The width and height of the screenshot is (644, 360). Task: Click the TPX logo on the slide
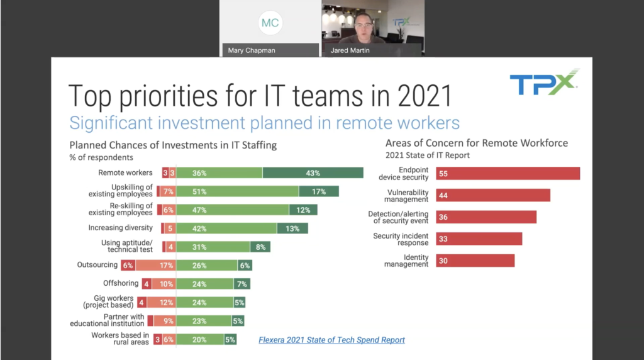click(x=544, y=82)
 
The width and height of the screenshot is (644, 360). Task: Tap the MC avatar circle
click(x=270, y=23)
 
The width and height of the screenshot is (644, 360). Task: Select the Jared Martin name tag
click(x=350, y=50)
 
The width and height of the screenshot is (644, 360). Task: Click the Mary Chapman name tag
click(x=252, y=50)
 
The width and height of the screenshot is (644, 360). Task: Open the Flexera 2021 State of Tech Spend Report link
click(x=331, y=340)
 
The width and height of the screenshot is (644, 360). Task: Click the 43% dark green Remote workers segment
click(x=313, y=173)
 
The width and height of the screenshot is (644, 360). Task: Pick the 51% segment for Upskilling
click(x=237, y=191)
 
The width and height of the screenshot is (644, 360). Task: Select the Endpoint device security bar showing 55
click(x=508, y=174)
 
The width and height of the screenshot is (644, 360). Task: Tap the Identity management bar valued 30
click(x=475, y=261)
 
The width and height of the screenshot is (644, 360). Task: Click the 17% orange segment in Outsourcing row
click(x=156, y=266)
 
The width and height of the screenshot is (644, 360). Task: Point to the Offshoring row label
click(x=121, y=283)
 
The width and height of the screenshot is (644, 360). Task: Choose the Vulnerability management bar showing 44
click(x=493, y=195)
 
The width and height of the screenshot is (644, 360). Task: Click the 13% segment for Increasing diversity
click(x=292, y=228)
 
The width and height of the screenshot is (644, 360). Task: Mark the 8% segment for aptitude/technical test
click(x=260, y=247)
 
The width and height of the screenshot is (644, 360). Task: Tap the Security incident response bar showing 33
click(x=479, y=239)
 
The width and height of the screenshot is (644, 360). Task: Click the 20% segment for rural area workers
click(x=200, y=339)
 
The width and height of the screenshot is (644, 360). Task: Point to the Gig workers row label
click(x=108, y=301)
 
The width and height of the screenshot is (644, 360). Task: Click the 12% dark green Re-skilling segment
click(x=303, y=210)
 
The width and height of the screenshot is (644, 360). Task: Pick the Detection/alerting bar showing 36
click(x=486, y=217)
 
